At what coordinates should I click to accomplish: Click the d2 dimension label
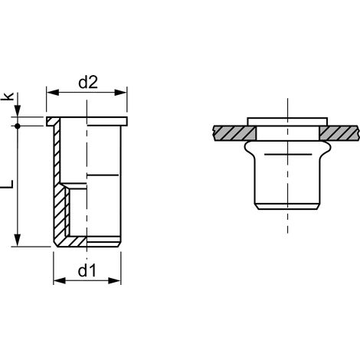(88, 83)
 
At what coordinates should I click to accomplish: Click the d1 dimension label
(87, 270)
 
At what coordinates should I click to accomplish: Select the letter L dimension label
(8, 184)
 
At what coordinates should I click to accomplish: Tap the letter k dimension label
(8, 97)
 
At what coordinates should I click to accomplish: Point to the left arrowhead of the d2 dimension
(53, 93)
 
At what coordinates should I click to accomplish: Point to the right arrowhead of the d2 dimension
(120, 93)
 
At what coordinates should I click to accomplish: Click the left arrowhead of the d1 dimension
(60, 280)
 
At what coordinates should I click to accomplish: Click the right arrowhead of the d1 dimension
(114, 280)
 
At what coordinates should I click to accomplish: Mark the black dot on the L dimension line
(18, 126)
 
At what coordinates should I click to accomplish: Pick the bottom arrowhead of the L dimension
(18, 241)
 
